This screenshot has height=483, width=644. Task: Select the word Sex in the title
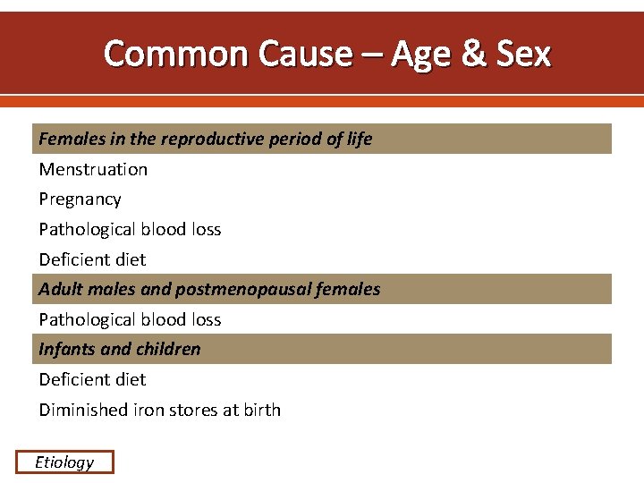(523, 55)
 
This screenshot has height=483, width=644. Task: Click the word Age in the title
(420, 55)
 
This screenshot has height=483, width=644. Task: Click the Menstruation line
(93, 169)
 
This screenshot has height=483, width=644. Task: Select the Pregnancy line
(80, 199)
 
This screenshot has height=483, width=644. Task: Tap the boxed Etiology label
(64, 462)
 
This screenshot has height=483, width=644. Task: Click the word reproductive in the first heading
(186, 139)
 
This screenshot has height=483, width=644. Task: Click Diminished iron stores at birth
(159, 410)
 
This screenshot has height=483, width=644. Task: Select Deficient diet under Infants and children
(92, 379)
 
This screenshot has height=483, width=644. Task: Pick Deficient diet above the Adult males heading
(92, 259)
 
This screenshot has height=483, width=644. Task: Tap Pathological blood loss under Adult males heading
(130, 319)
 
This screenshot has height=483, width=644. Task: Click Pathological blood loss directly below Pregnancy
(130, 229)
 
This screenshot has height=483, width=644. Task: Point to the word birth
(262, 410)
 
